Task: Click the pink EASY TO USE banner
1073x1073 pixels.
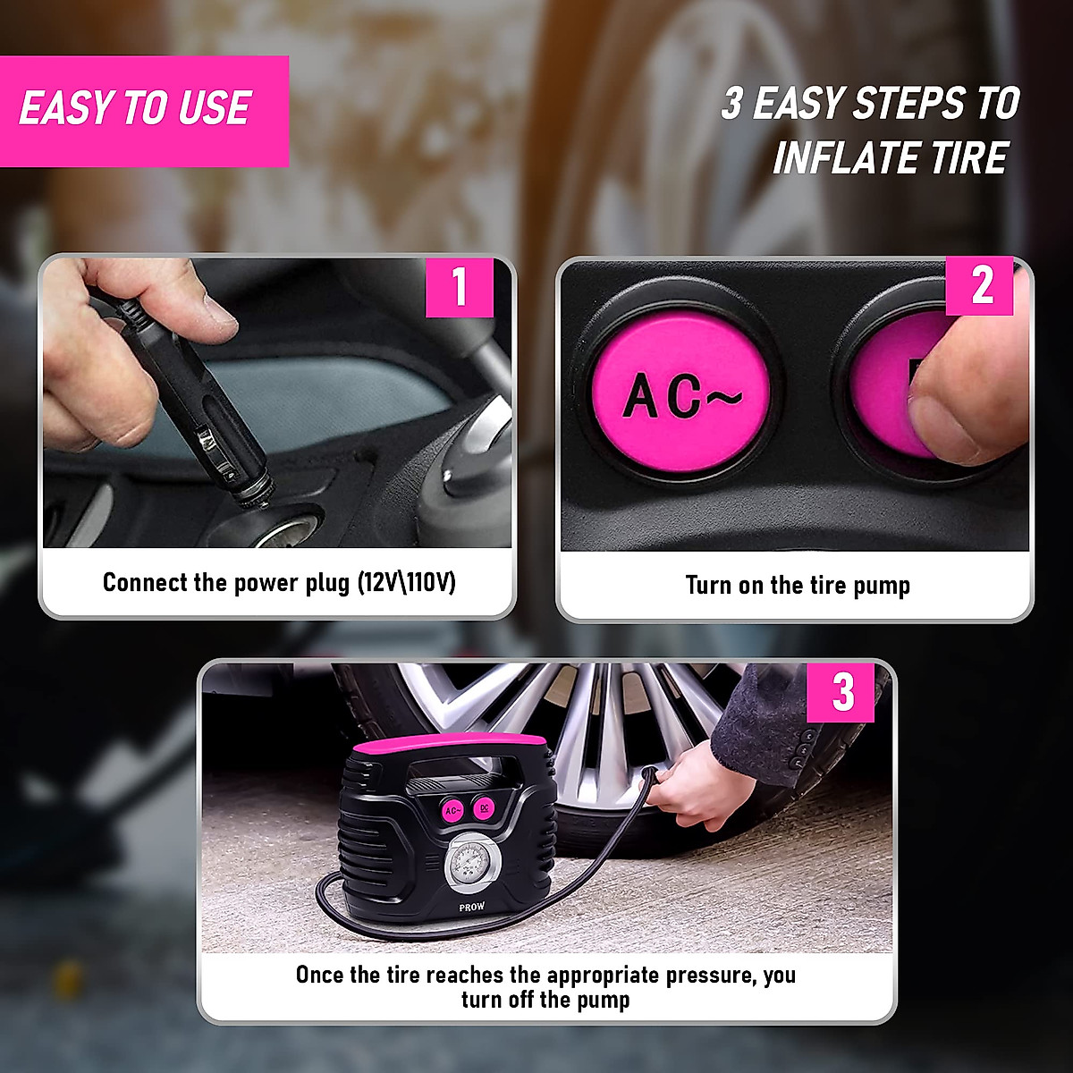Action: click(x=143, y=110)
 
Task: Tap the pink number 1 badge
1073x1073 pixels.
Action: click(x=459, y=286)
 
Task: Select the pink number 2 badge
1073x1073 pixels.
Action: click(x=980, y=286)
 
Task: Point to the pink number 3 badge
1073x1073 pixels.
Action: click(x=841, y=691)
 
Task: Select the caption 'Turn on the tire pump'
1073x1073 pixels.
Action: click(x=797, y=586)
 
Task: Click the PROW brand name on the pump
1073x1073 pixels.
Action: click(x=471, y=907)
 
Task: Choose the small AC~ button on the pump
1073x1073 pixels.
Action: click(x=452, y=810)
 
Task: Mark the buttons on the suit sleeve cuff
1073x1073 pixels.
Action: click(x=806, y=742)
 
